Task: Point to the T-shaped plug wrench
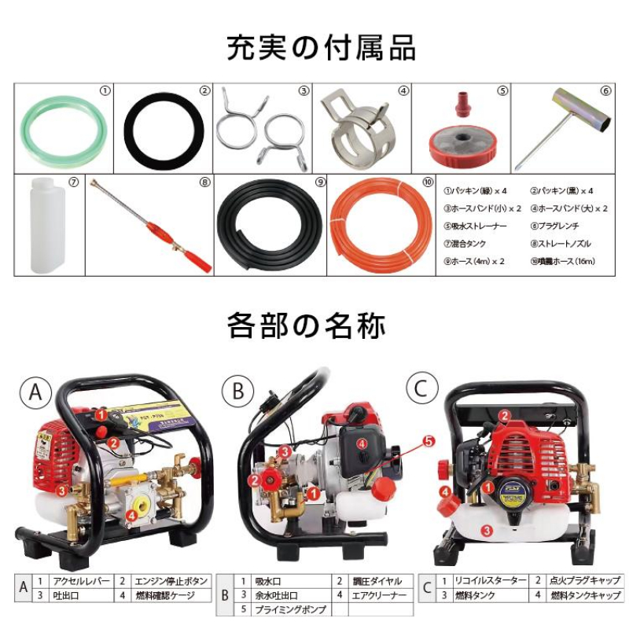pos(562,126)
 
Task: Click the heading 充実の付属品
pos(314,48)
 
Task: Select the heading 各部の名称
pos(314,325)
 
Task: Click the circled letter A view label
pos(35,390)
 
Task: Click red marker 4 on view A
pos(131,514)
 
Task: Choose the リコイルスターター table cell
pos(490,581)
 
